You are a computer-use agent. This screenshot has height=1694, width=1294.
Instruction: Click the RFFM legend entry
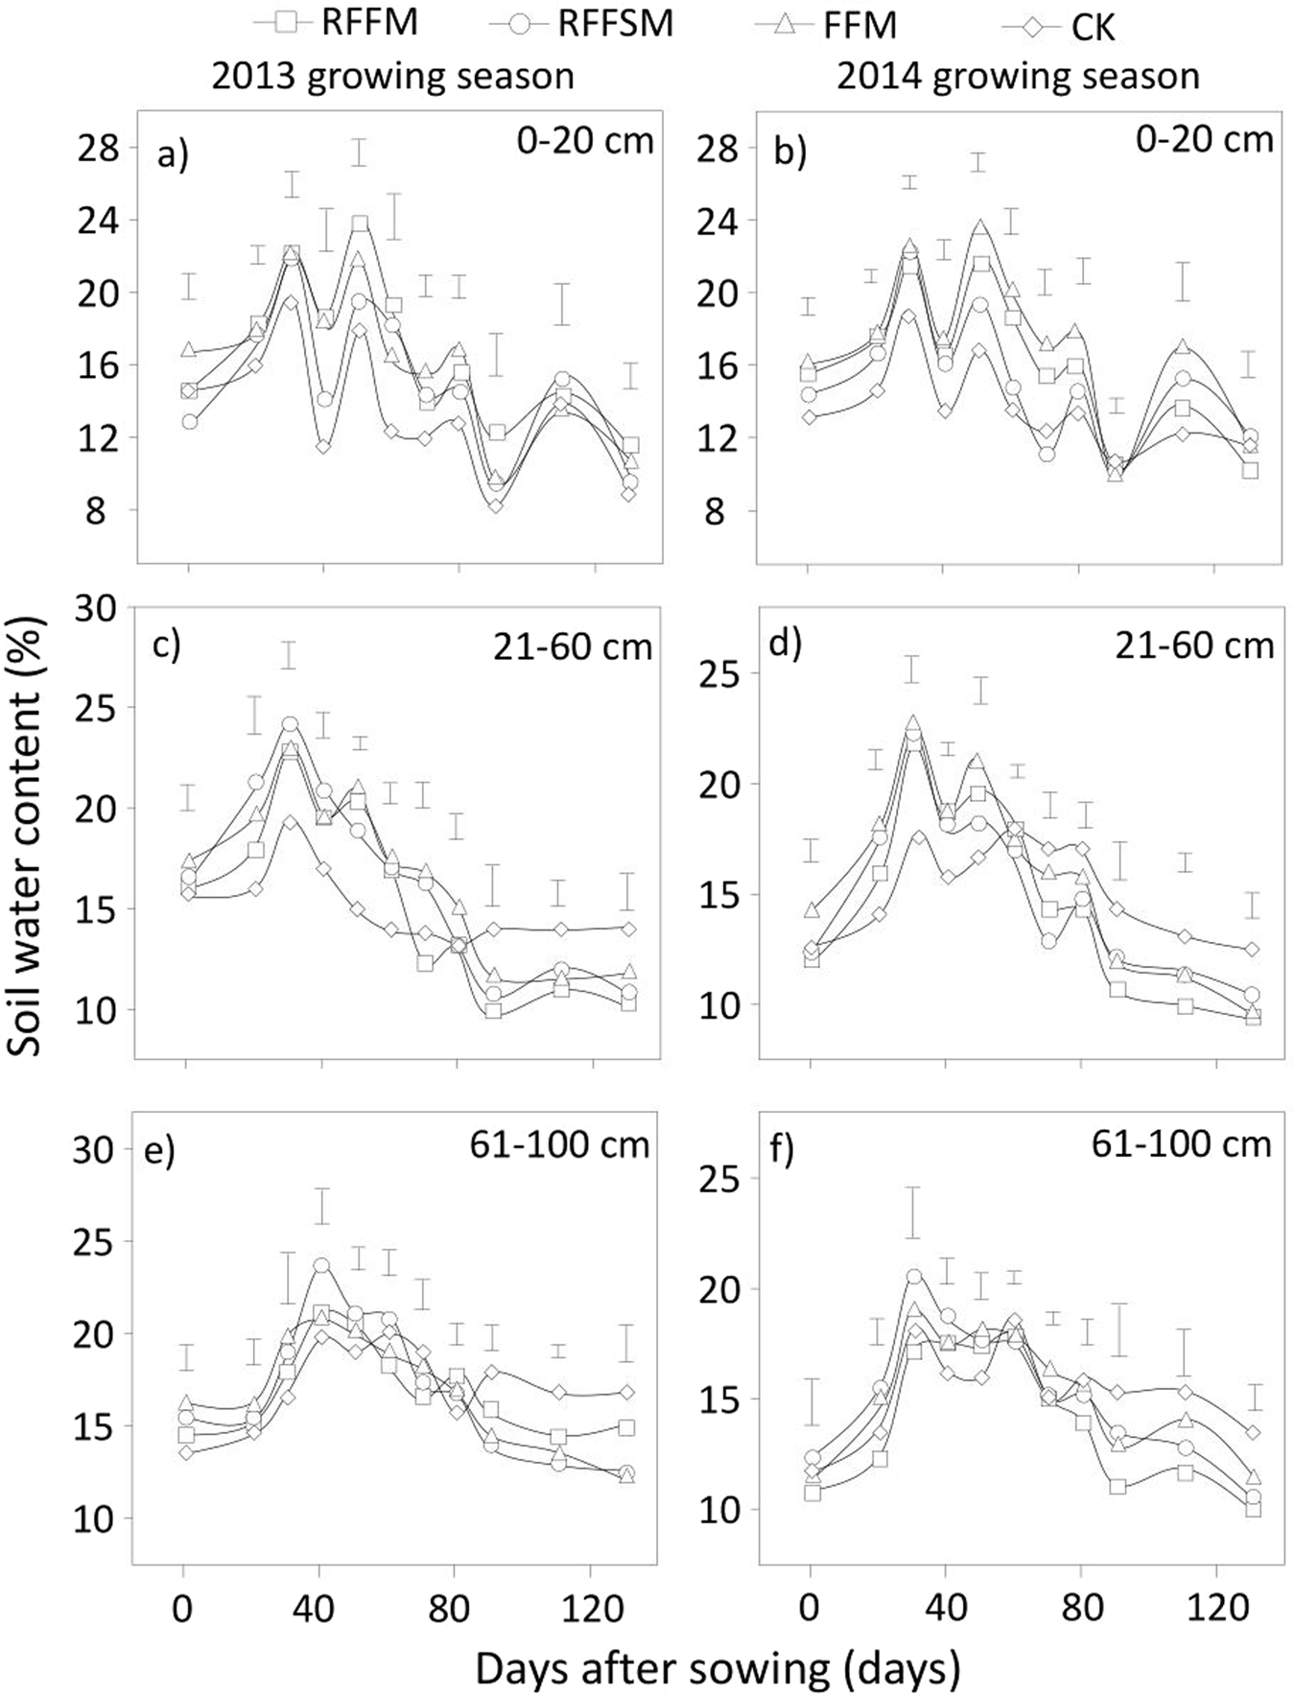(x=336, y=21)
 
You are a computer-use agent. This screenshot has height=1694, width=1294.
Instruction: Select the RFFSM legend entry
(x=580, y=21)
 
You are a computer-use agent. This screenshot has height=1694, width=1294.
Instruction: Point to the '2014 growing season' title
(x=1018, y=75)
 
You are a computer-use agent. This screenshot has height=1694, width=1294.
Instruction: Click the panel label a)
(x=173, y=153)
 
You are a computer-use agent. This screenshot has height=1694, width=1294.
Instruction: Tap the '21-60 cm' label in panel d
(x=1194, y=646)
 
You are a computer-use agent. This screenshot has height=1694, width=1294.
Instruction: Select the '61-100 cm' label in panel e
(x=559, y=1144)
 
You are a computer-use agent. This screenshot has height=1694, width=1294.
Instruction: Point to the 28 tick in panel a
(x=97, y=149)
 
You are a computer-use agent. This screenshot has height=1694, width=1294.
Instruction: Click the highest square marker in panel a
(x=360, y=224)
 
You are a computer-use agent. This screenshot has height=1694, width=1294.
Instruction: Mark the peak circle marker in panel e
(x=321, y=1266)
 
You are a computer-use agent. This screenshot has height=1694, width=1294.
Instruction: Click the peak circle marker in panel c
(x=290, y=724)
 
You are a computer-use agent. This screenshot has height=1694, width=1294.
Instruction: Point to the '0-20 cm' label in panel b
(x=1204, y=140)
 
